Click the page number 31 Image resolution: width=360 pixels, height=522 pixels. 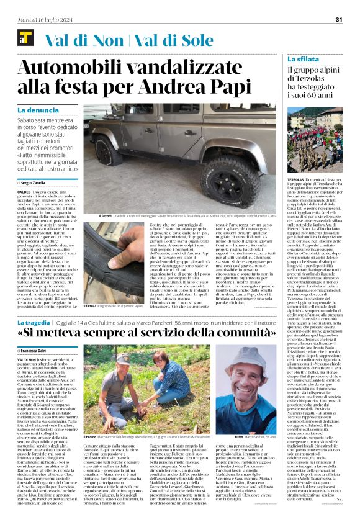pos(339,19)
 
